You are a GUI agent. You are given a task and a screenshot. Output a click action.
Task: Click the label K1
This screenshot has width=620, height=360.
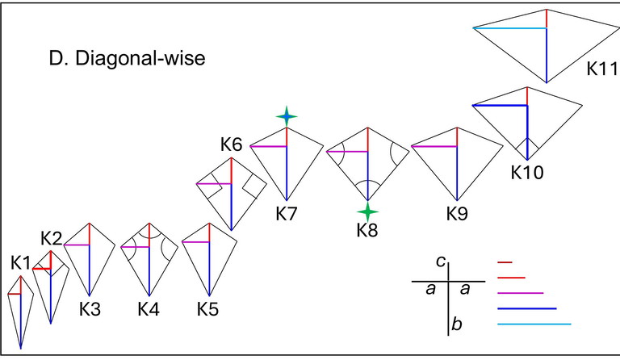tap(21, 262)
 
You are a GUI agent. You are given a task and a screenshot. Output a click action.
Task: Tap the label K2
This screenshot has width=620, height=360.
tap(52, 237)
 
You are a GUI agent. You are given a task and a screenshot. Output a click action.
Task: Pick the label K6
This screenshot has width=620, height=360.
tap(231, 145)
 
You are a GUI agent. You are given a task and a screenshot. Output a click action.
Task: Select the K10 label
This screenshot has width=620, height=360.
tap(526, 172)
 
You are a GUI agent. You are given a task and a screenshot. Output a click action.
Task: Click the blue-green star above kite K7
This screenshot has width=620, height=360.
tap(286, 117)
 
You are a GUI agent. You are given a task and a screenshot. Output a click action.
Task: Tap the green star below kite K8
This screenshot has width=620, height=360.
tap(368, 211)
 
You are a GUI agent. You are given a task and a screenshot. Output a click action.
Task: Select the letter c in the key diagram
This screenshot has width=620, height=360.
tap(440, 260)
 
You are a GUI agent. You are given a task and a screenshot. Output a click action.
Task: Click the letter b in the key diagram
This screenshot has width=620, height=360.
tap(457, 324)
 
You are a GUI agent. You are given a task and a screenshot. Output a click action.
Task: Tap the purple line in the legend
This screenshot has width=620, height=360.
tap(521, 292)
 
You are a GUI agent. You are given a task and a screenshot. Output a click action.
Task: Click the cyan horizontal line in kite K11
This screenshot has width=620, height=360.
tap(509, 28)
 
